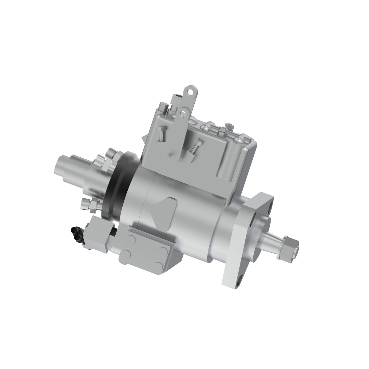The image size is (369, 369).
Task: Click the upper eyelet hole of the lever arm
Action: click(191, 91)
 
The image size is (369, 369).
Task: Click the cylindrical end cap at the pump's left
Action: click(66, 167)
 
